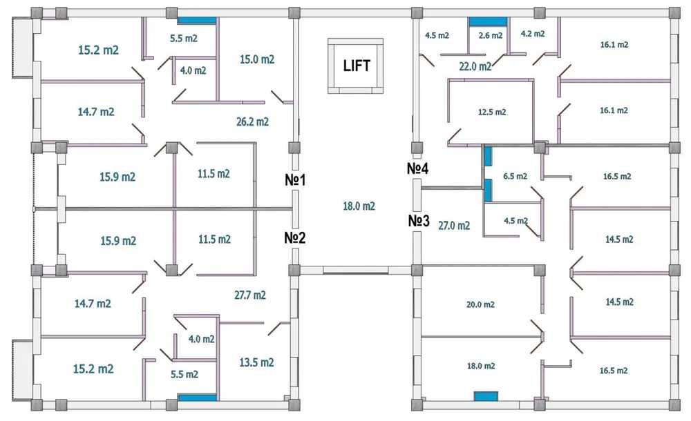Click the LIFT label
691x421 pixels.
357,66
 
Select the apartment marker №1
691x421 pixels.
295,179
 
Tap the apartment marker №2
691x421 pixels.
295,238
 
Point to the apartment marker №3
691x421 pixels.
419,220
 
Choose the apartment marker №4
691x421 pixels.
418,168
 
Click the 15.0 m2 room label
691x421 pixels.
257,59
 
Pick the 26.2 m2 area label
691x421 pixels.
252,121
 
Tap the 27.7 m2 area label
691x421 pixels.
250,295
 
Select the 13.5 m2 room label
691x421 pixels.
256,362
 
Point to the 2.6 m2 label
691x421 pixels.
491,35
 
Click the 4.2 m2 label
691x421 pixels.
533,33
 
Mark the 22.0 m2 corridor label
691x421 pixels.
475,66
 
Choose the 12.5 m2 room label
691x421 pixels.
492,112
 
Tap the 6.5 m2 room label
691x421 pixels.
515,176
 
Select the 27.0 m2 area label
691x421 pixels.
454,226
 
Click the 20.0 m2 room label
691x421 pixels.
480,304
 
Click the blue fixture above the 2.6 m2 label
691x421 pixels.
488,21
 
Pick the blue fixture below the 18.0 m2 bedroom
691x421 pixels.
486,396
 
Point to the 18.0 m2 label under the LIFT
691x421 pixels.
359,206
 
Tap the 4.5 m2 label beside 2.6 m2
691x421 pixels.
437,35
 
